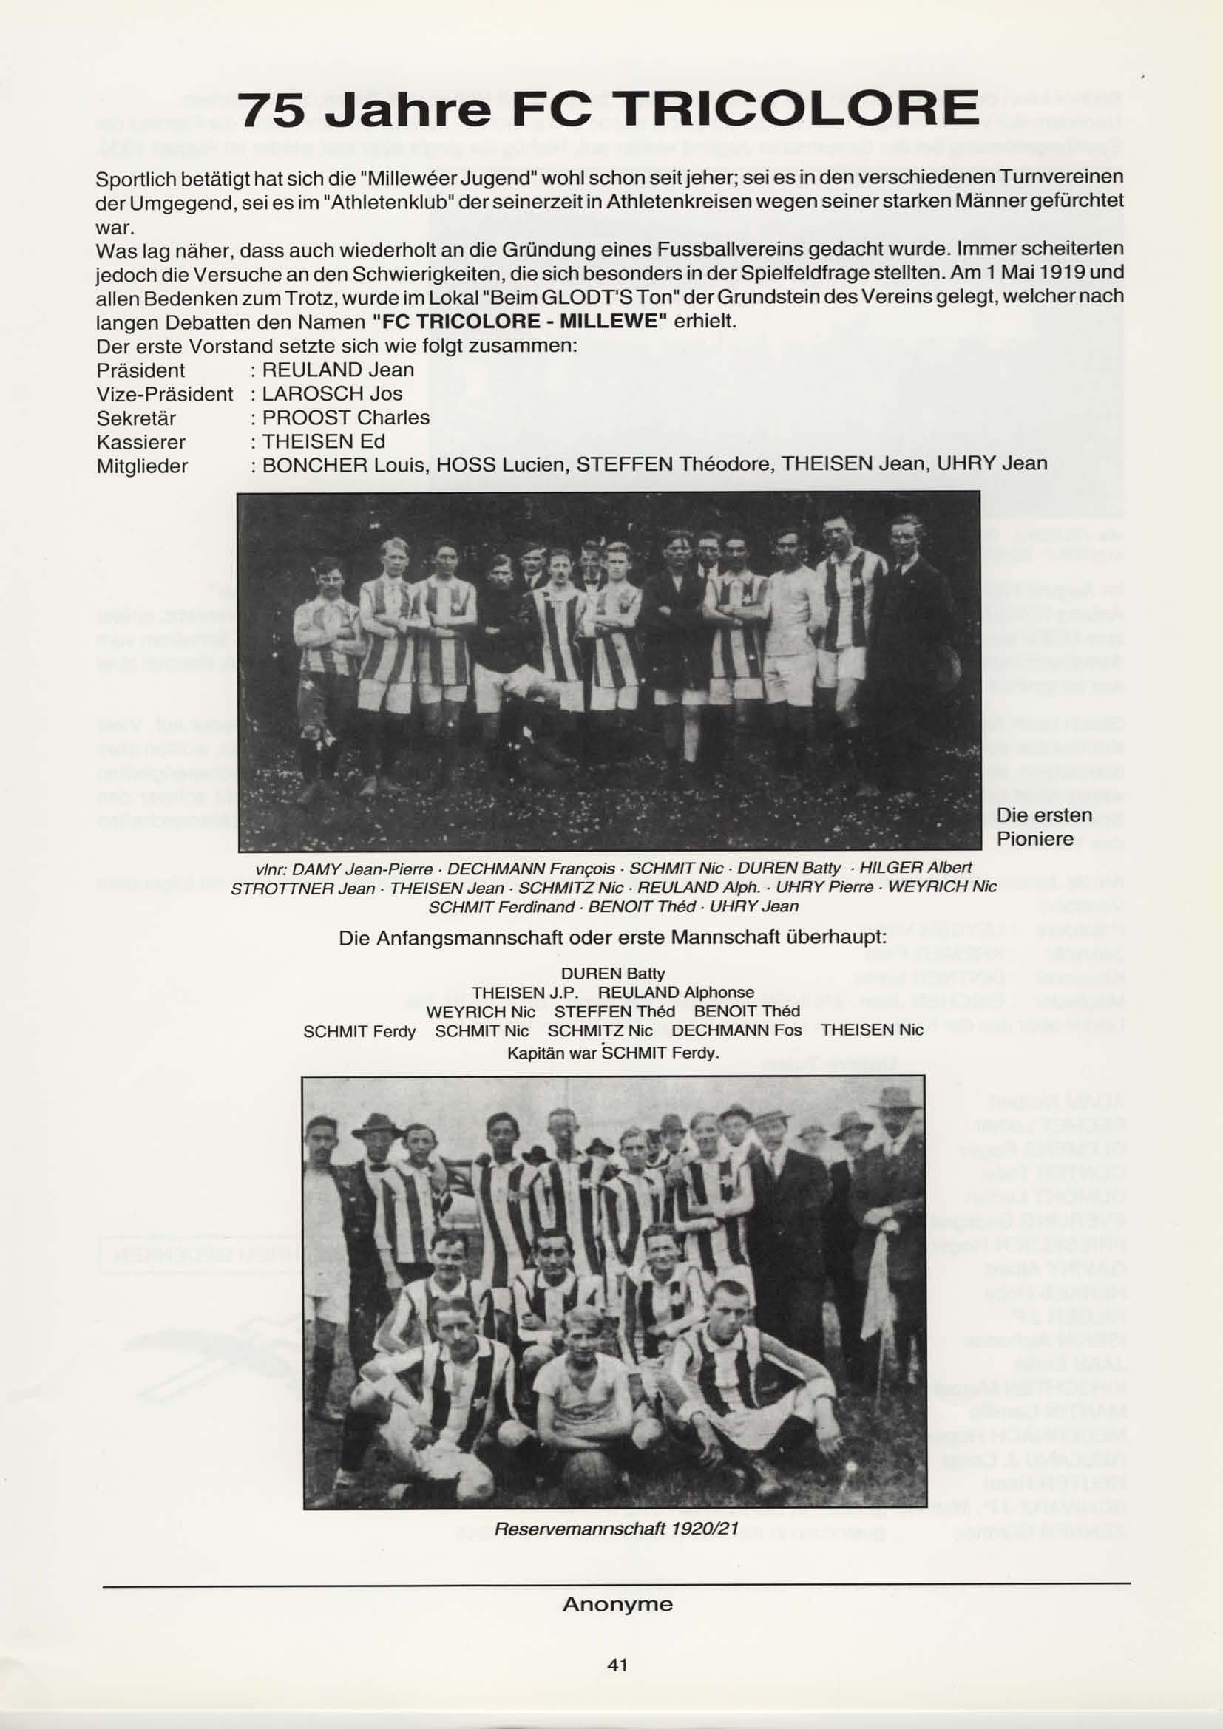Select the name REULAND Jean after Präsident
tap(338, 370)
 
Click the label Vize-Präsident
tap(165, 394)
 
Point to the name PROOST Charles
tap(345, 418)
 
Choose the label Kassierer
tap(140, 442)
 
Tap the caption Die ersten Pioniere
tap(1044, 826)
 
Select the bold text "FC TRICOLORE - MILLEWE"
tap(520, 322)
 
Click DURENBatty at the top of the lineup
tap(613, 974)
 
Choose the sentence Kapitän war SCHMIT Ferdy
tap(613, 1052)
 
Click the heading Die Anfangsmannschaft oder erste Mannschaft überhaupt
tap(612, 938)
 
